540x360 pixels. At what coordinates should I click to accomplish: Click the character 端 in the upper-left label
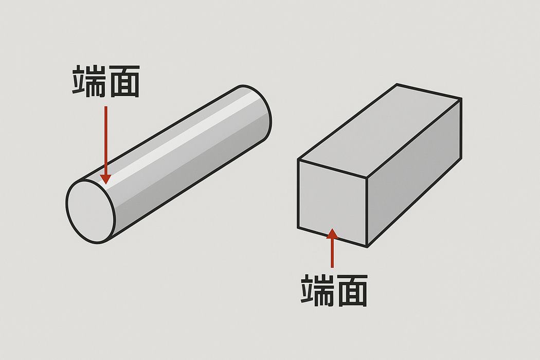[88, 81]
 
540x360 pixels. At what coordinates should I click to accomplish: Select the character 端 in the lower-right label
[317, 291]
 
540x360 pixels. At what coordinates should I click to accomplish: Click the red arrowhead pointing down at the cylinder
[106, 179]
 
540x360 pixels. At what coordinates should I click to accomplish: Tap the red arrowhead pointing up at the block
[332, 233]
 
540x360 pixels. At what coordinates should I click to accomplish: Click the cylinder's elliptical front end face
[90, 211]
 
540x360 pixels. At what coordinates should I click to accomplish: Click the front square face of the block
[332, 203]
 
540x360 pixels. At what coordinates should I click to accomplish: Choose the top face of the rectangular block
[379, 131]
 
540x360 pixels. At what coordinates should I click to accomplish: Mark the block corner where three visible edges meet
[367, 178]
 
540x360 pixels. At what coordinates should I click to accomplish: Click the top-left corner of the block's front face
[298, 159]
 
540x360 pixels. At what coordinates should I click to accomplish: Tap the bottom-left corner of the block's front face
[298, 228]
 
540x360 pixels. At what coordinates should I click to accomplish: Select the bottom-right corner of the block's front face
[367, 247]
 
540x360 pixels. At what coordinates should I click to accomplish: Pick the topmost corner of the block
[397, 84]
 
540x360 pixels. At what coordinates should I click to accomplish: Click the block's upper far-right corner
[461, 99]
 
